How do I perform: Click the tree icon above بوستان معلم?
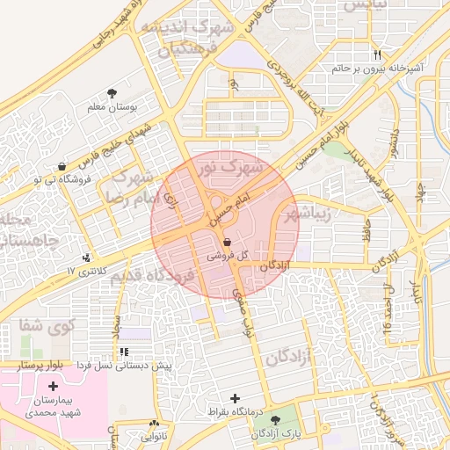pos(112,92)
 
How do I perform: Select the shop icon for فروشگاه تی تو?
pos(61,167)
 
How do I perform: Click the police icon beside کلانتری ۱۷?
pos(86,258)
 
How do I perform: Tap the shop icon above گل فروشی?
pos(228,241)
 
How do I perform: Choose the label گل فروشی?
pos(228,256)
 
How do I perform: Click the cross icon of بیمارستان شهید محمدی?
pos(53,386)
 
